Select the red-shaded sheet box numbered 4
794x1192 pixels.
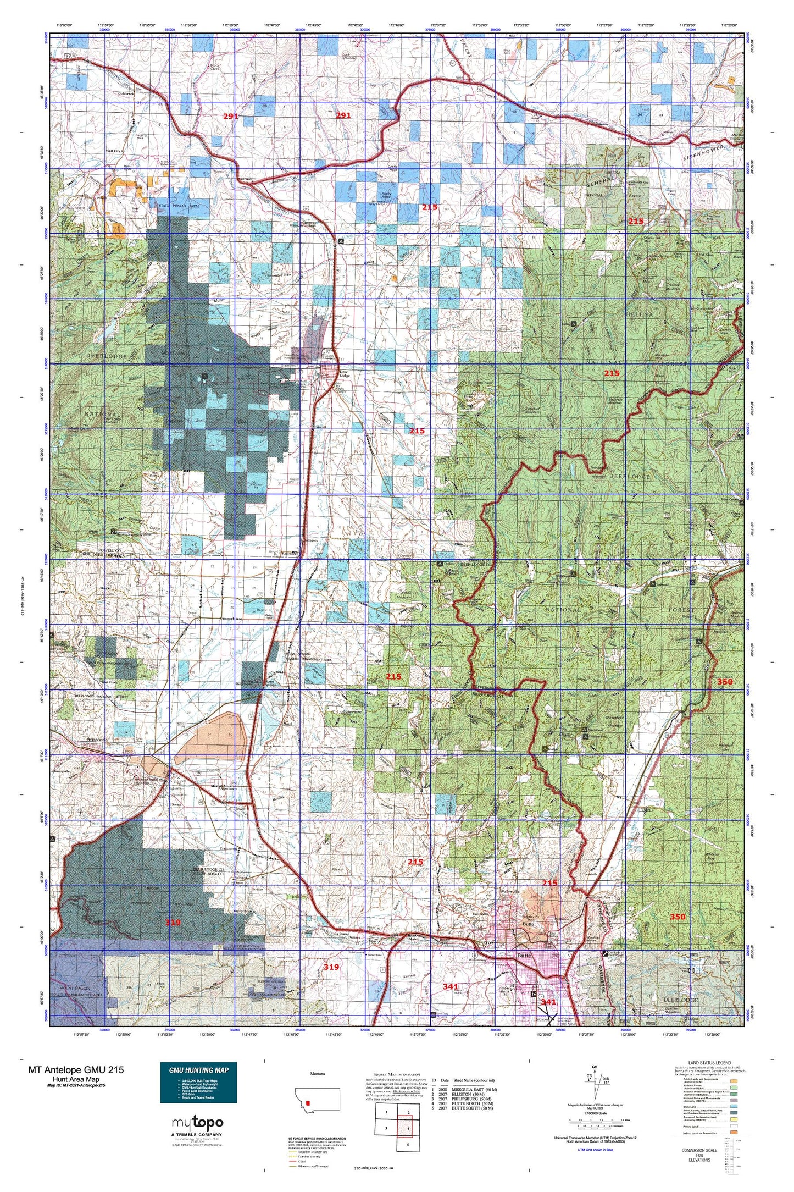click(408, 1128)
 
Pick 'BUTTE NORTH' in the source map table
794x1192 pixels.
click(467, 1103)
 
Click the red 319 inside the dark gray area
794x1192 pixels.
click(173, 922)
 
